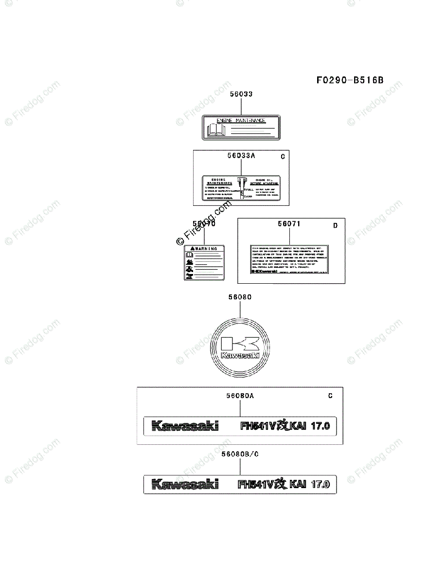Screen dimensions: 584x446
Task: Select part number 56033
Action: (x=241, y=95)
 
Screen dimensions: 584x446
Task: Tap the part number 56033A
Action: (x=241, y=156)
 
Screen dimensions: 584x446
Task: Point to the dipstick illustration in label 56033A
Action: (x=241, y=187)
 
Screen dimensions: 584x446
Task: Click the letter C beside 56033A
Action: (x=283, y=157)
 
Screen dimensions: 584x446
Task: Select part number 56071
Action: (x=289, y=224)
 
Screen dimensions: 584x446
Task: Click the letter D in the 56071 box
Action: (x=335, y=225)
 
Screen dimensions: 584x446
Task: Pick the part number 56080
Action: (x=240, y=296)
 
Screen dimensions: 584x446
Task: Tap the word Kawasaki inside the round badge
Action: (x=240, y=356)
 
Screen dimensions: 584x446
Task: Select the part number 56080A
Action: (x=240, y=396)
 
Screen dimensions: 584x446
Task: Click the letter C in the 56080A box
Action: (x=330, y=396)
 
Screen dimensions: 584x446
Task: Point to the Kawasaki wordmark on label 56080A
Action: (x=185, y=426)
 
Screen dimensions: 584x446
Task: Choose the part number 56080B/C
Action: (x=240, y=454)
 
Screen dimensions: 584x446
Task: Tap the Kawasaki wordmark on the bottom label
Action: (x=185, y=484)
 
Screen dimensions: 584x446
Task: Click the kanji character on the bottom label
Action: (x=281, y=484)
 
